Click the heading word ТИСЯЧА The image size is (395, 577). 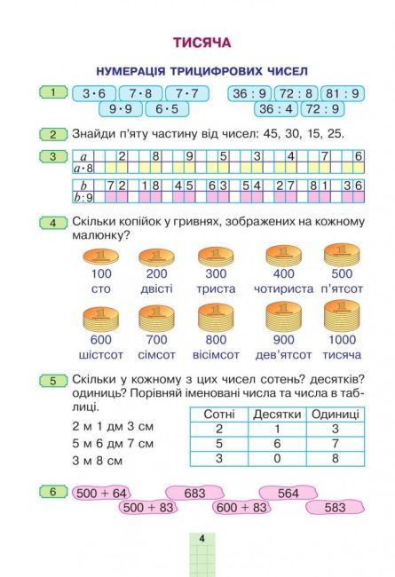[x=201, y=42]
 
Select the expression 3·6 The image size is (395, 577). [x=93, y=93]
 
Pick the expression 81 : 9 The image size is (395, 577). [x=342, y=93]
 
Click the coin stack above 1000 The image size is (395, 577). [x=342, y=317]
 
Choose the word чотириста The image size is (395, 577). [x=283, y=288]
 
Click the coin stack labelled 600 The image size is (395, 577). [x=101, y=320]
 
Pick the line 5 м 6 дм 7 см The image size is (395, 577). [x=112, y=443]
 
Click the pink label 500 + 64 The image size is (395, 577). [x=102, y=493]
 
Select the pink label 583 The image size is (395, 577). [x=335, y=508]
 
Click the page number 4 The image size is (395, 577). [x=201, y=539]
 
